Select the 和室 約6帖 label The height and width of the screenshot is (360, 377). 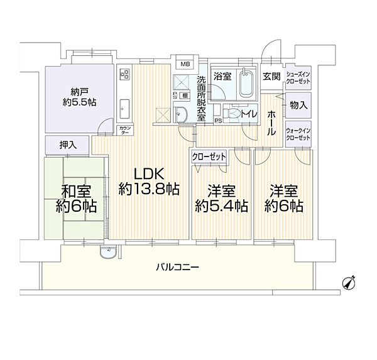(x=70, y=198)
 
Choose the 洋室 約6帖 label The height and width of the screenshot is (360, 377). (x=283, y=198)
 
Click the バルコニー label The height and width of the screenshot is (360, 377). (x=178, y=267)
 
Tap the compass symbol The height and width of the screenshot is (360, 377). (x=349, y=283)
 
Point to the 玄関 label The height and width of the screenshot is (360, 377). (x=271, y=77)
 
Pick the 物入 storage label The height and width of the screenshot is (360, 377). (x=298, y=107)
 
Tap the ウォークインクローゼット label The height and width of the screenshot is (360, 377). (x=298, y=134)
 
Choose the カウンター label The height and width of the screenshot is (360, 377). (x=124, y=131)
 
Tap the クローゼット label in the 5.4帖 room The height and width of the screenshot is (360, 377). (x=209, y=156)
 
